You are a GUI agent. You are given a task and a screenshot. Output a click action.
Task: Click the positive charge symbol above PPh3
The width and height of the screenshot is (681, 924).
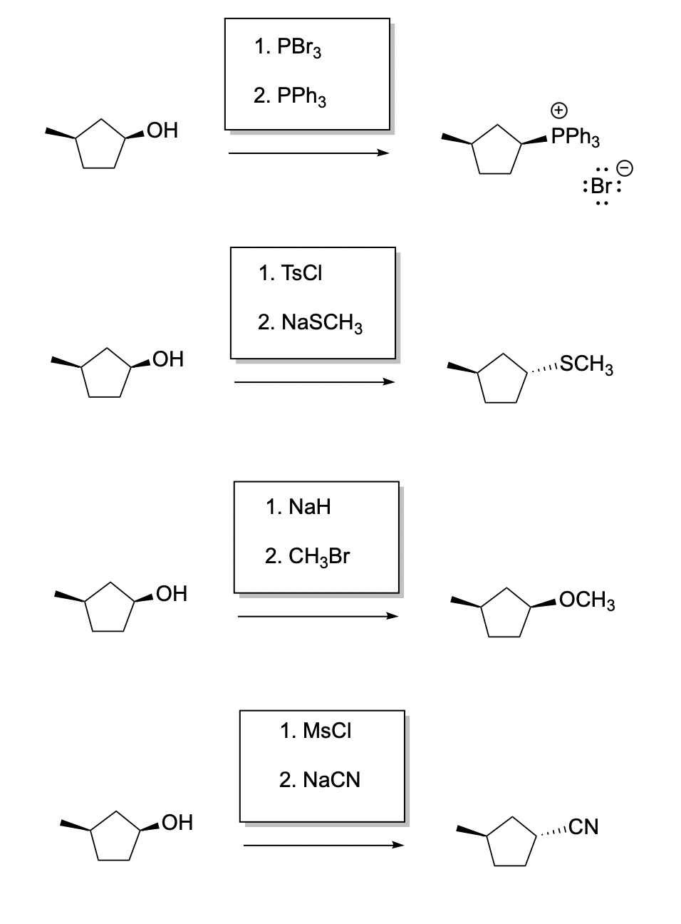point(559,110)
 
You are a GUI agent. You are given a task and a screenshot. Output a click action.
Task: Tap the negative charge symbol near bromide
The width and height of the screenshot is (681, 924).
point(623,168)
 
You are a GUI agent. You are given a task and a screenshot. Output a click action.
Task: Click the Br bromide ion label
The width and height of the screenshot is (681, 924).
point(603,187)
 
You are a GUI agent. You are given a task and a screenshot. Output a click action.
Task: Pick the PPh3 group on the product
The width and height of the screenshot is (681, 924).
point(575,138)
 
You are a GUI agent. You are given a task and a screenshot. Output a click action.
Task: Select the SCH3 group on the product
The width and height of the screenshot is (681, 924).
point(587,365)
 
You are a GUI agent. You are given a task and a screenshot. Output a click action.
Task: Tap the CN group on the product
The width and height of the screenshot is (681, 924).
point(583,827)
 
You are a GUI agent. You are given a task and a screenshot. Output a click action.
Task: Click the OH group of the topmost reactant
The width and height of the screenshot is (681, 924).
point(162,130)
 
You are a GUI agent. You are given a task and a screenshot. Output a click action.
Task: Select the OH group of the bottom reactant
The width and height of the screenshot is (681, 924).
point(177,823)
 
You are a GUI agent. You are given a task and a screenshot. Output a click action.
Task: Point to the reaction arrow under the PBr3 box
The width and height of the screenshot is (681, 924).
point(308,153)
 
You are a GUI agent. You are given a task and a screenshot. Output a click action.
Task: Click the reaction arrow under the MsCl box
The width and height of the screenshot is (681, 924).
point(323,846)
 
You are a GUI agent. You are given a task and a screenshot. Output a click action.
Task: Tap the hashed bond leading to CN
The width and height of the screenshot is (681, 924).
point(553,831)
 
